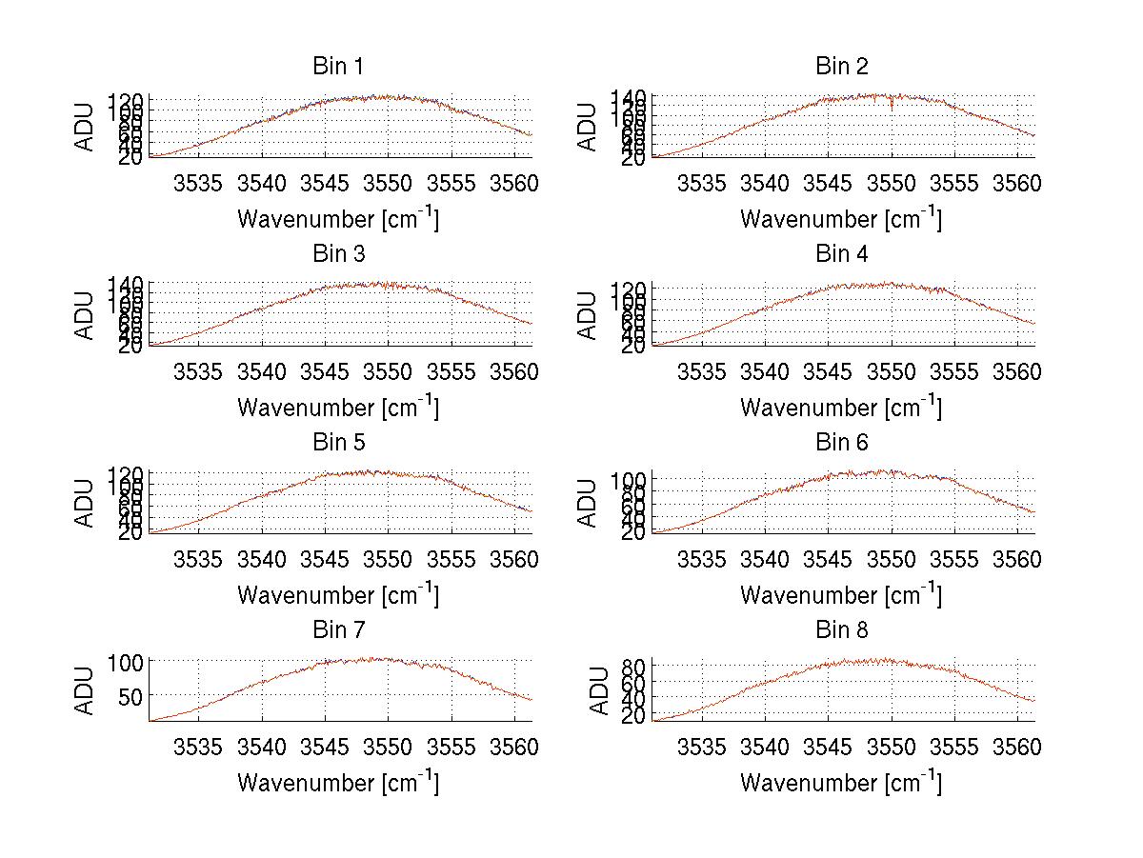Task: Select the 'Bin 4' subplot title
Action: [x=842, y=254]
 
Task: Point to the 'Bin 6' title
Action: [x=842, y=443]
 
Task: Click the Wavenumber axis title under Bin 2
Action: [x=841, y=219]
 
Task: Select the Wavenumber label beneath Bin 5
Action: [x=338, y=595]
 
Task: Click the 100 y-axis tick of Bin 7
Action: [x=126, y=661]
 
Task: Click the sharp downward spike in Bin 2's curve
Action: [x=892, y=107]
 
